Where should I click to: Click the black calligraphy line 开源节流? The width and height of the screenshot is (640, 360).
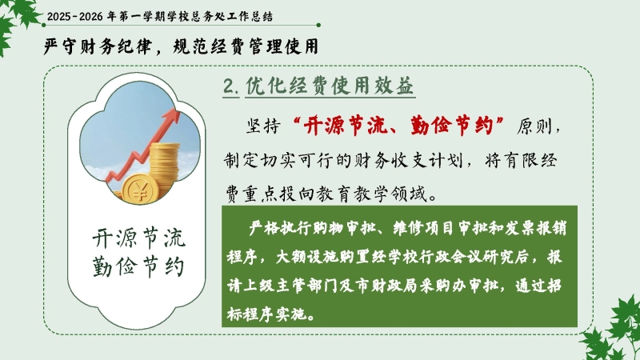pyautogui.click(x=138, y=238)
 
